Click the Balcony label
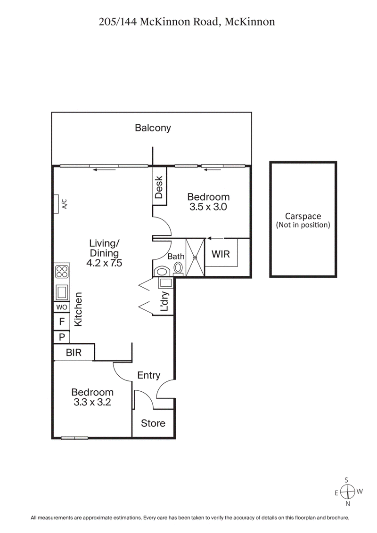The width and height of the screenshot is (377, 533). pyautogui.click(x=153, y=128)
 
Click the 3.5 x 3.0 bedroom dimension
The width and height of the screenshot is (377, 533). pyautogui.click(x=208, y=207)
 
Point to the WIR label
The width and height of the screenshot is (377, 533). pyautogui.click(x=220, y=254)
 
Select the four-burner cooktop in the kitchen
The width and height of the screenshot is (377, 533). pyautogui.click(x=62, y=272)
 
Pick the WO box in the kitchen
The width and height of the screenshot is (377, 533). pyautogui.click(x=62, y=307)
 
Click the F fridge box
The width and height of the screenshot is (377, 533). pyautogui.click(x=61, y=322)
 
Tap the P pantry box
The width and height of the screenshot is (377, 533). pyautogui.click(x=61, y=337)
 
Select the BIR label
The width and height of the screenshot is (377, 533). pyautogui.click(x=74, y=352)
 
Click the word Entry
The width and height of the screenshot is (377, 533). pyautogui.click(x=148, y=375)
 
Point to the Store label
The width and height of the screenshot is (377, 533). pyautogui.click(x=153, y=423)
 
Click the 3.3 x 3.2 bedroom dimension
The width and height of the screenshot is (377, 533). pyautogui.click(x=92, y=403)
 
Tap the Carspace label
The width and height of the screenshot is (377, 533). pyautogui.click(x=303, y=217)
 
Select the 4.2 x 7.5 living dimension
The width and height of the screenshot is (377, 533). pyautogui.click(x=104, y=264)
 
